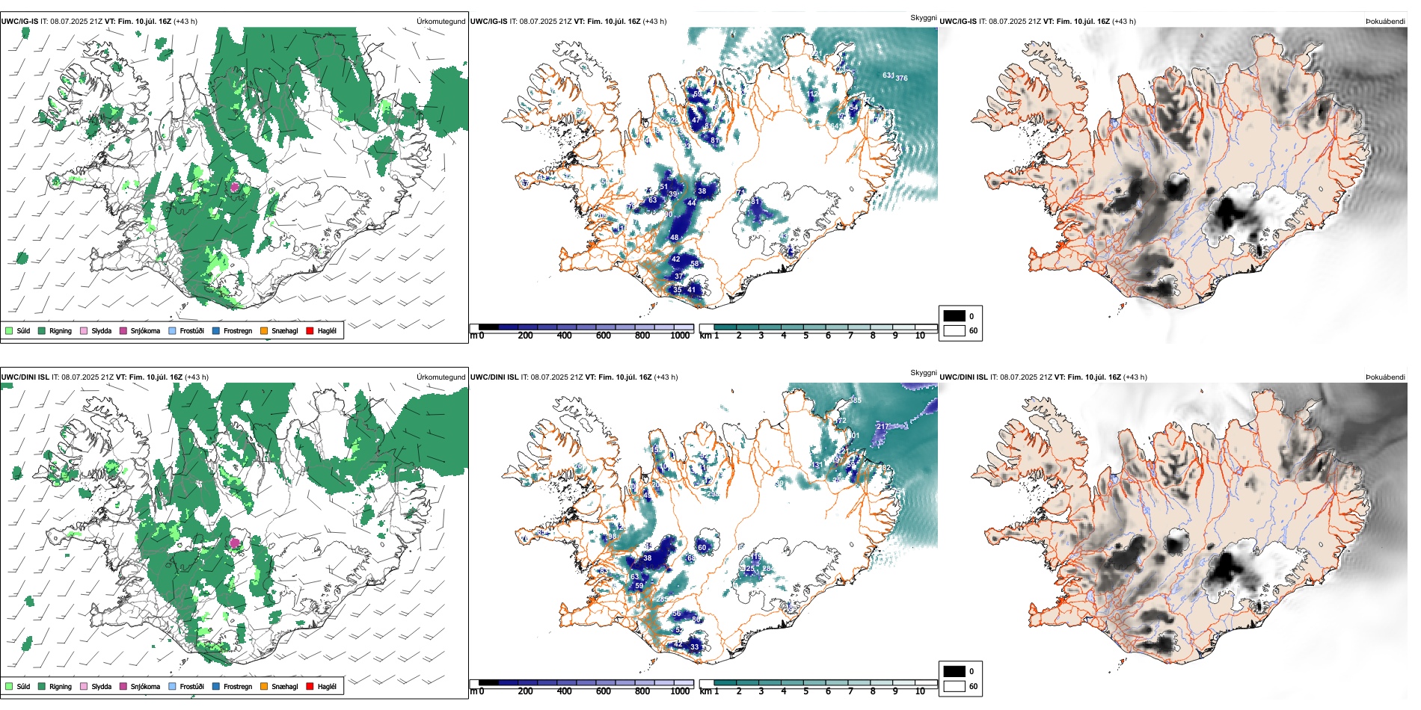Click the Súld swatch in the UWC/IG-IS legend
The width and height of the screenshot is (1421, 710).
pyautogui.click(x=9, y=330)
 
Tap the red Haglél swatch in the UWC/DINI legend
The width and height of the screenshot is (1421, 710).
pyautogui.click(x=310, y=686)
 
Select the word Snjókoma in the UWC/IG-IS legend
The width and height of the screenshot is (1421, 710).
pyautogui.click(x=145, y=330)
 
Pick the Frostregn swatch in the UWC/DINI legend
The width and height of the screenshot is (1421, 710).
pyautogui.click(x=216, y=686)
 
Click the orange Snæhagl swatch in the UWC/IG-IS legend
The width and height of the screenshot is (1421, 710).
pyautogui.click(x=264, y=330)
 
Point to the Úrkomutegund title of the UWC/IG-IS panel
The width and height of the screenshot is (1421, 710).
pyautogui.click(x=441, y=22)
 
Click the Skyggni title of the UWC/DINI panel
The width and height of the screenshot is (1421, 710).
pyautogui.click(x=923, y=372)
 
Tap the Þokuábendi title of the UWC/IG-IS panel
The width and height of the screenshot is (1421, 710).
pyautogui.click(x=1385, y=22)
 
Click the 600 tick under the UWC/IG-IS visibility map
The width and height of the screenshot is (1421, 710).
pyautogui.click(x=604, y=336)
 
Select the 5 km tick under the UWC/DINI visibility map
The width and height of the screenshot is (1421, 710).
pyautogui.click(x=806, y=691)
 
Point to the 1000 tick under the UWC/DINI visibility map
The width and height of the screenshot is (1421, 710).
pyautogui.click(x=680, y=691)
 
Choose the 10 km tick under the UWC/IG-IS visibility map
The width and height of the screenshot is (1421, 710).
pyautogui.click(x=920, y=336)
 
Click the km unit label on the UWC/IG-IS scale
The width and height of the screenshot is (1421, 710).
pyautogui.click(x=705, y=336)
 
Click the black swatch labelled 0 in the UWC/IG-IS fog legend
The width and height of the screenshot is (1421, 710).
pyautogui.click(x=954, y=316)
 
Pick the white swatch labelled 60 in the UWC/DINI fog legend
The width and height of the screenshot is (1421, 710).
pyautogui.click(x=954, y=685)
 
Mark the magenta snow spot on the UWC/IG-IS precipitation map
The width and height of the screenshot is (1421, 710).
pyautogui.click(x=235, y=187)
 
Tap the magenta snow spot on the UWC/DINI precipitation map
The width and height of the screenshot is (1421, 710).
pyautogui.click(x=236, y=543)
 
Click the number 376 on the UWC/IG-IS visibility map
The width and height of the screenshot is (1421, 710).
pyautogui.click(x=902, y=78)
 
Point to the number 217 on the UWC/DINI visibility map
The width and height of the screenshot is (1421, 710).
pyautogui.click(x=883, y=427)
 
